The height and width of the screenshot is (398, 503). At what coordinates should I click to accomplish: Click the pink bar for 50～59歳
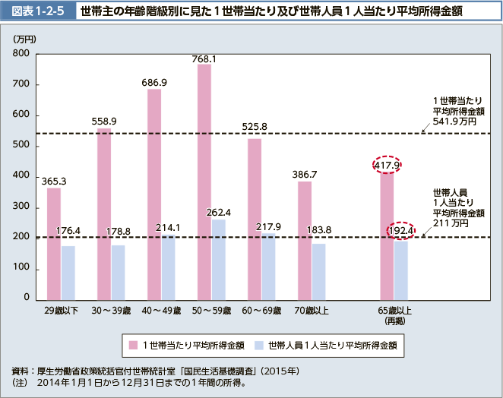204,181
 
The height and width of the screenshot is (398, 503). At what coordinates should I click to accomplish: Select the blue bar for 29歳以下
68,271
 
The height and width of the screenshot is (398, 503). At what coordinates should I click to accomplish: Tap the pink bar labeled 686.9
154,193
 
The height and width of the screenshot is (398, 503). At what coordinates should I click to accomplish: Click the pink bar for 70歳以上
305,239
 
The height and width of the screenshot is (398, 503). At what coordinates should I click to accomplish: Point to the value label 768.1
204,58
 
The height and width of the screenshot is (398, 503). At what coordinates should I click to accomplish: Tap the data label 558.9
104,121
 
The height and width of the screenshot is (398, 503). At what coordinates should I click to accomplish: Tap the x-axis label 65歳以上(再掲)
395,315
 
